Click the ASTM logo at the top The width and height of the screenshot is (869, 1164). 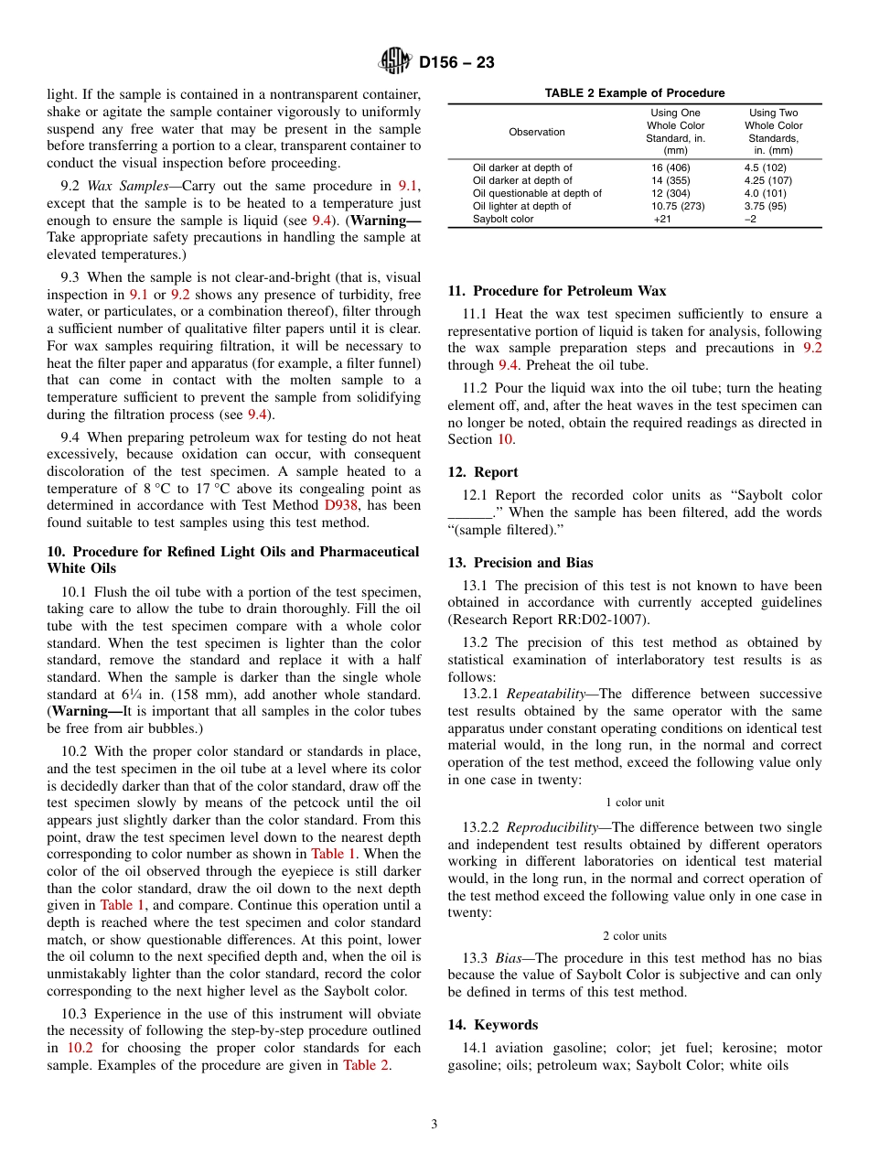(x=395, y=62)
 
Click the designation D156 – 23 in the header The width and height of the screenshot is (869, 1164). (x=456, y=63)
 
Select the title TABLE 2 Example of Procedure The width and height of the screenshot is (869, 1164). (x=634, y=93)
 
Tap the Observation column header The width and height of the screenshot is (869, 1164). (x=537, y=132)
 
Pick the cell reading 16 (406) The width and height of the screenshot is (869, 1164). (x=671, y=168)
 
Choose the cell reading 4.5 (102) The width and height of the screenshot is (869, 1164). (x=765, y=168)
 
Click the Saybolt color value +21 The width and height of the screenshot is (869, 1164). (x=661, y=220)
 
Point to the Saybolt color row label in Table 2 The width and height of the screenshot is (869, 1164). (x=502, y=220)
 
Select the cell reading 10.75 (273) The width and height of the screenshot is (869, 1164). (x=677, y=207)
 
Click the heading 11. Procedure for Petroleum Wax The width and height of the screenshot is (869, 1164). (x=556, y=291)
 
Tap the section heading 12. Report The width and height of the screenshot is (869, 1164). (x=482, y=472)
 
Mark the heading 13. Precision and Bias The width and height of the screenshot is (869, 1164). (x=520, y=563)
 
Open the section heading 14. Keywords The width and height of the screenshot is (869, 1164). (x=492, y=1025)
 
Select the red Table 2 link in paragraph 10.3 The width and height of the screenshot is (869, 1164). (x=365, y=1065)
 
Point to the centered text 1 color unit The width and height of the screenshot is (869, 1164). (x=634, y=803)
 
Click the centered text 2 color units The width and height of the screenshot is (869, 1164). (x=634, y=935)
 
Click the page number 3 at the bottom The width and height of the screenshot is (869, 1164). (x=434, y=1125)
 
